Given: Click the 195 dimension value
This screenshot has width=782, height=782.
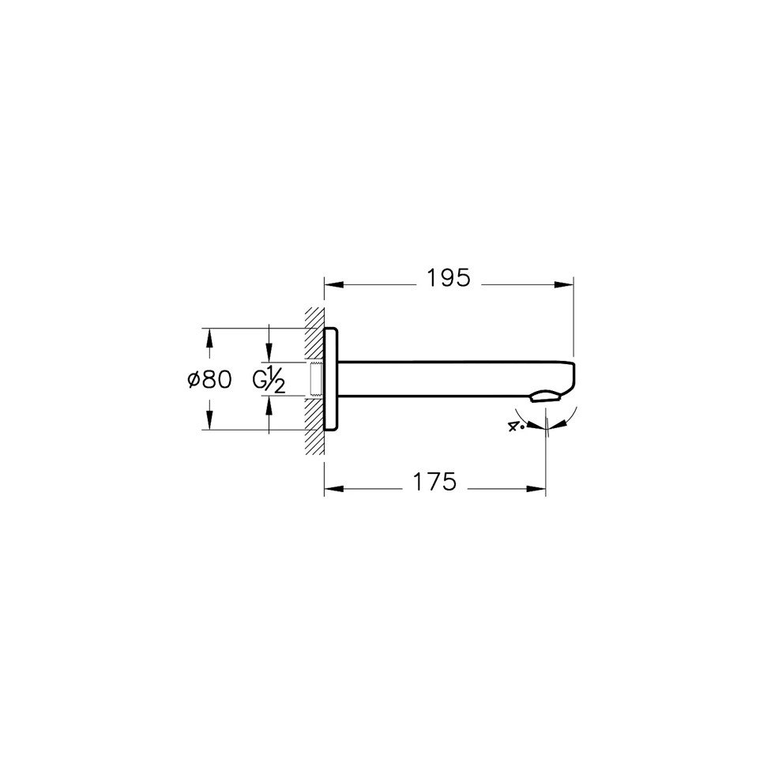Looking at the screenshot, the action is coord(449,278).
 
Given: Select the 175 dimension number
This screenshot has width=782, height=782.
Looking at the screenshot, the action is coord(434,482).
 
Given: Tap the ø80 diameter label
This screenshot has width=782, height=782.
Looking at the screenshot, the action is coord(209,380).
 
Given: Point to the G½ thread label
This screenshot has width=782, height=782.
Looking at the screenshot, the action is coord(269,381).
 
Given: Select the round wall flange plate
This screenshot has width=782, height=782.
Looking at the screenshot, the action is coord(331,379).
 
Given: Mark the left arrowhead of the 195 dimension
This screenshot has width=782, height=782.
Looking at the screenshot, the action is coord(334,285).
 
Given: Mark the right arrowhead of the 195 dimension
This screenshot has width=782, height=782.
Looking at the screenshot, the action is coord(563,285).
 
